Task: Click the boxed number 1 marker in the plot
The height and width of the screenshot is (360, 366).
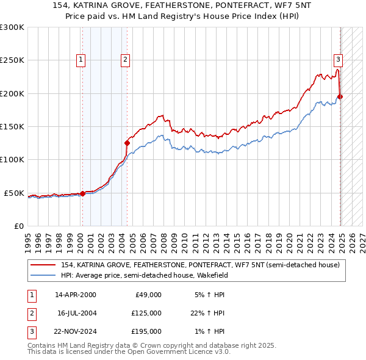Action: (81, 60)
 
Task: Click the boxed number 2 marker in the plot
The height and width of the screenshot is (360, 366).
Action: (125, 60)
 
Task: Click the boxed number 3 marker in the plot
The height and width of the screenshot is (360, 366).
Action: (338, 60)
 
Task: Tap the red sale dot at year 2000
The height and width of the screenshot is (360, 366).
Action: (82, 193)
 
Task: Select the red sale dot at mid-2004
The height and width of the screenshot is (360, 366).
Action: (127, 143)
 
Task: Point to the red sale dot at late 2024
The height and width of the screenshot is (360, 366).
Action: (340, 96)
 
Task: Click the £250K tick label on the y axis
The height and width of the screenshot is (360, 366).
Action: (12, 60)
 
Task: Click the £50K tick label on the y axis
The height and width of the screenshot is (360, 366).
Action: (15, 193)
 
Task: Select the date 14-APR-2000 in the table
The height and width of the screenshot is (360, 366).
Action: (76, 294)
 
